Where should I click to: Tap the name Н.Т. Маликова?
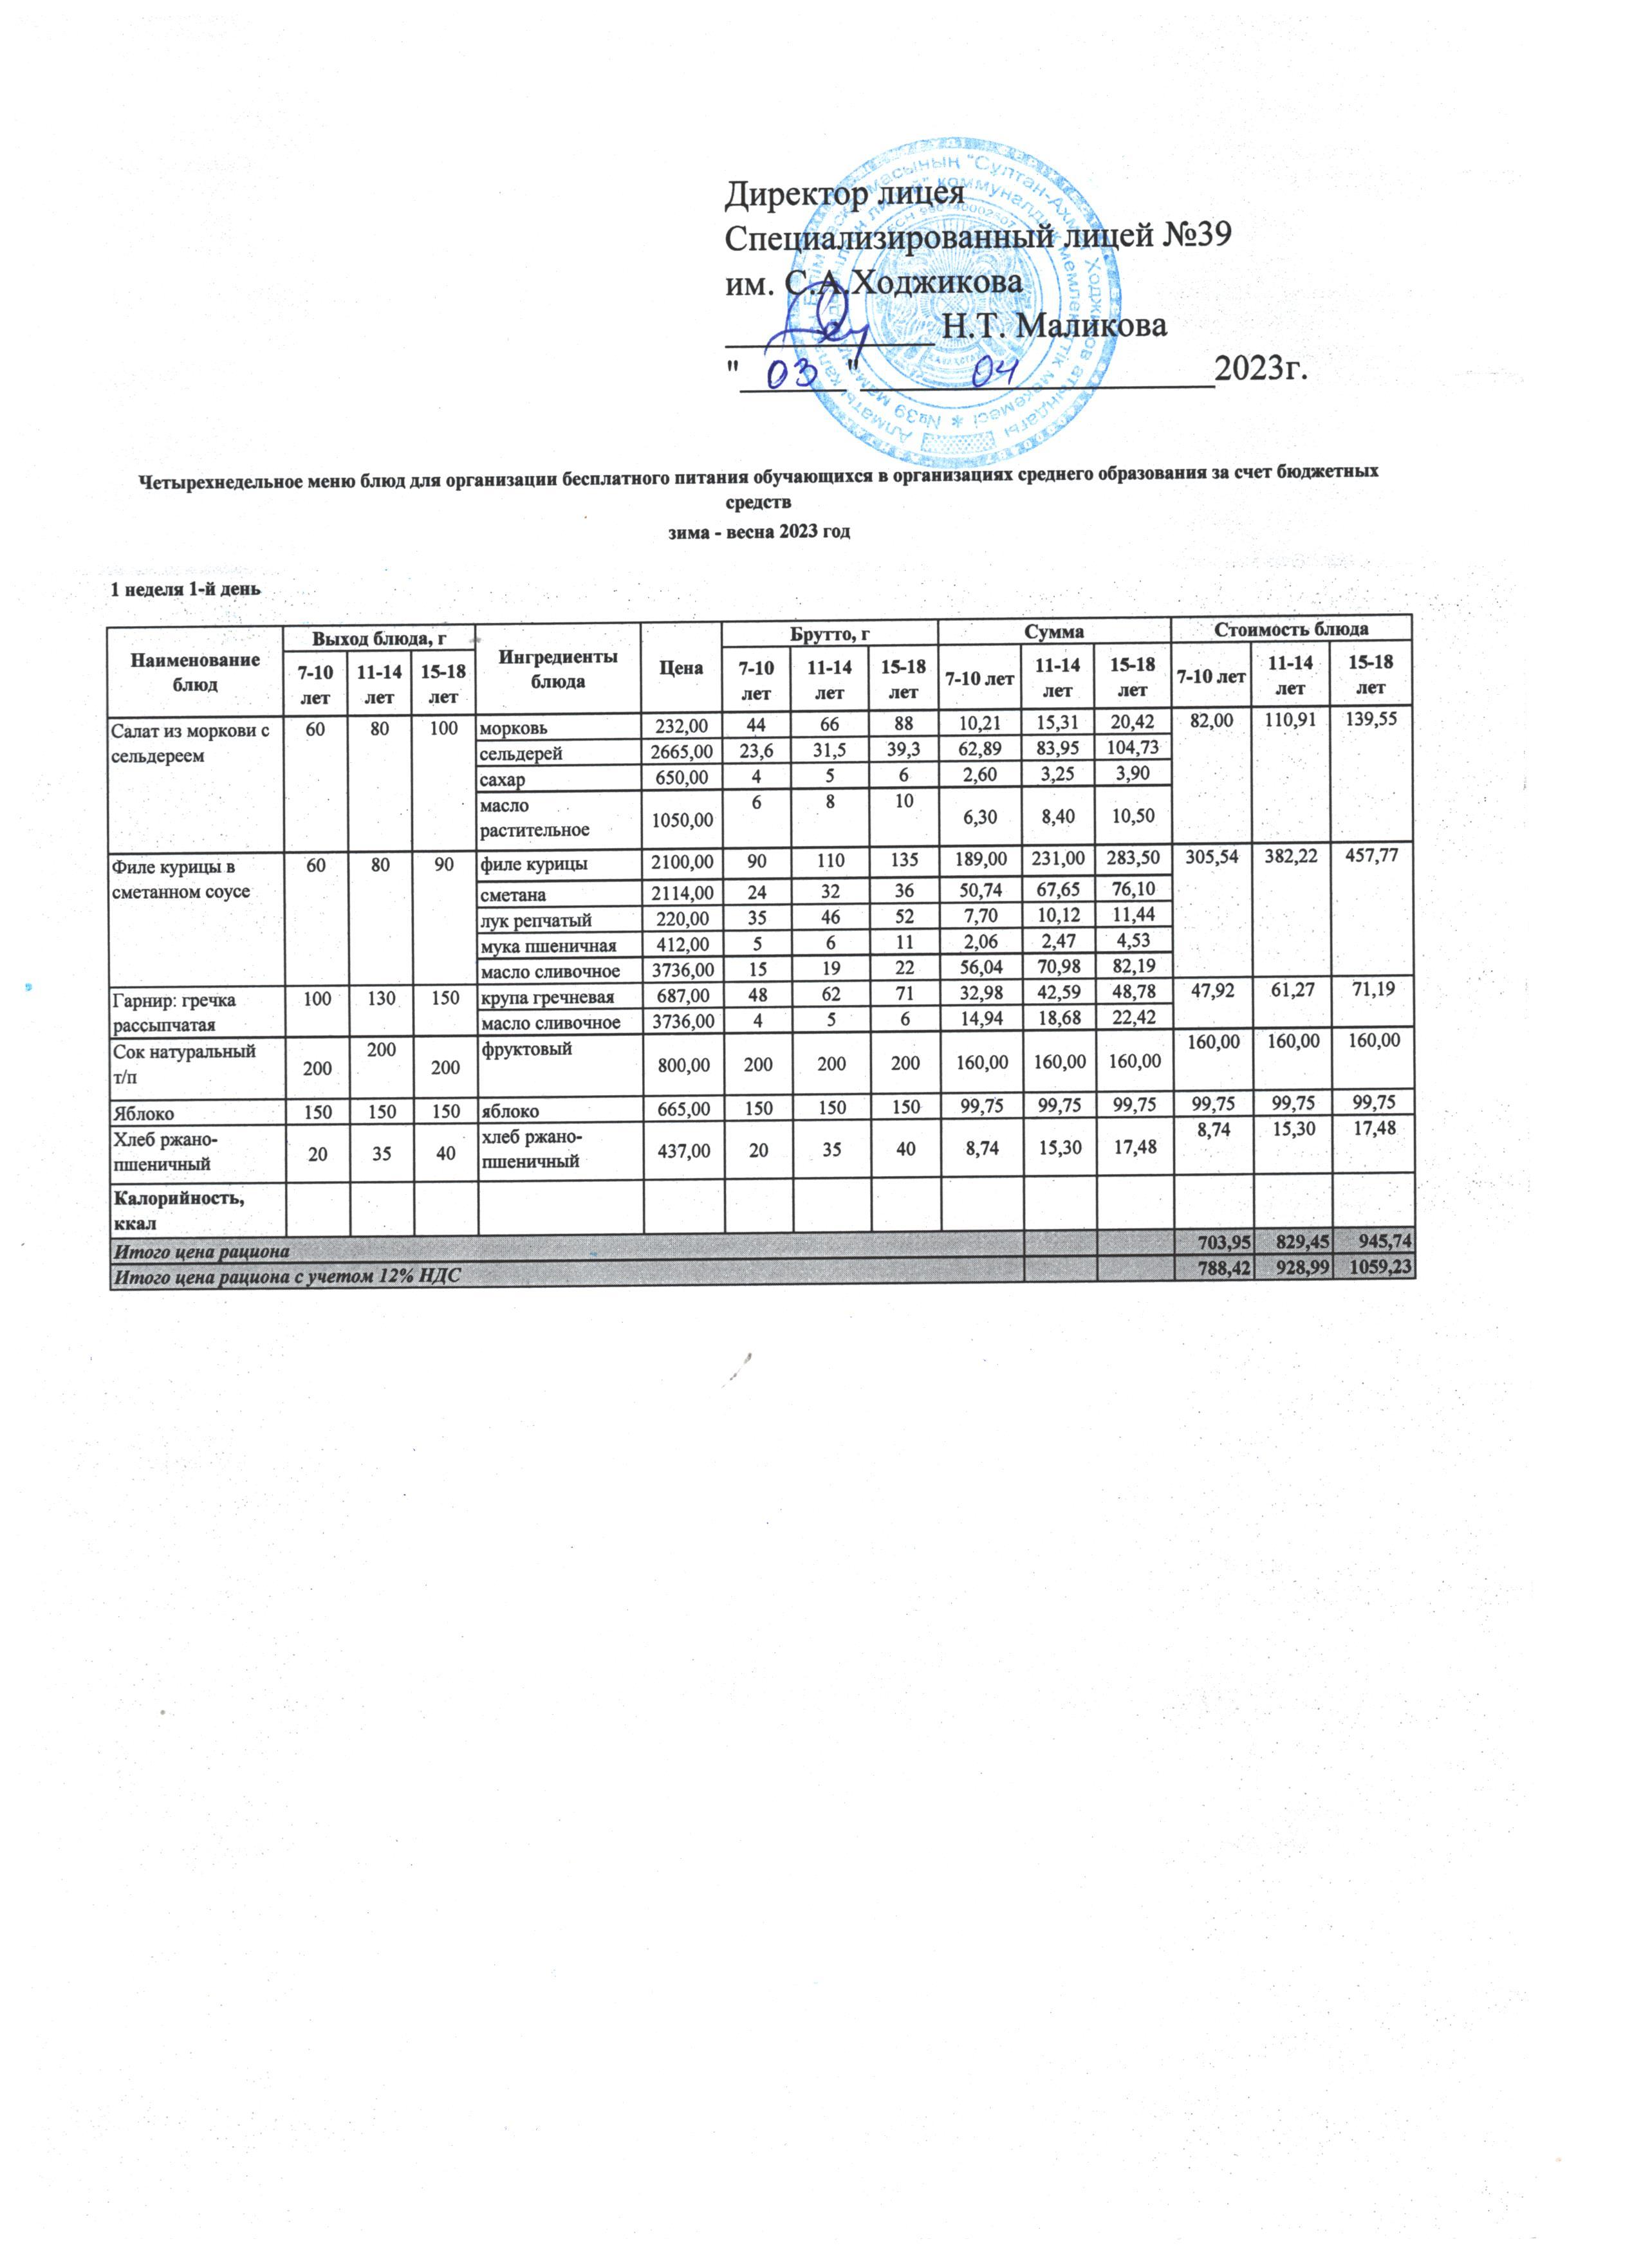point(1055,326)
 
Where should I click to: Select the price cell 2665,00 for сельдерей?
point(681,753)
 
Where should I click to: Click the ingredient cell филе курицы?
point(533,864)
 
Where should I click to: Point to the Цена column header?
point(681,668)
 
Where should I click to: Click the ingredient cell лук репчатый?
point(537,921)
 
